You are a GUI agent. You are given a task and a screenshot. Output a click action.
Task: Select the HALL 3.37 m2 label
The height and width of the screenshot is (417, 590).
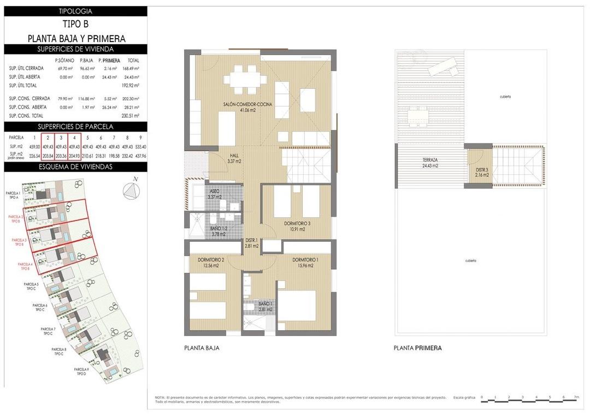[x=234, y=158]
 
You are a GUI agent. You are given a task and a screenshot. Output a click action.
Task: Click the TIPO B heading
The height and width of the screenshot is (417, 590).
[x=75, y=24]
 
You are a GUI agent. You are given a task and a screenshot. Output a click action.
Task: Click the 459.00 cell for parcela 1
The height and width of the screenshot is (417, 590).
[x=34, y=147]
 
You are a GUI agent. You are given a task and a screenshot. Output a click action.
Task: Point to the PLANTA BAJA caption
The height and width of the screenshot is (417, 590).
[x=202, y=348]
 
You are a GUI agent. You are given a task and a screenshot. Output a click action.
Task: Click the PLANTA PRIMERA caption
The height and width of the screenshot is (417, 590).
[x=417, y=348]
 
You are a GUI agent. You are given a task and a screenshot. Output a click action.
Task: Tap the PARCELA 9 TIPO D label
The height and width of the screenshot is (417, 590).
[x=81, y=372]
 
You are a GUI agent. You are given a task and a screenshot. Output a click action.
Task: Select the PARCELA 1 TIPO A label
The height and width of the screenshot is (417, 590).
[x=13, y=195]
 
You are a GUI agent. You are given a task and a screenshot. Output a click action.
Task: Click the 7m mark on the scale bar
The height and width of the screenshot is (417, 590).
[x=577, y=397]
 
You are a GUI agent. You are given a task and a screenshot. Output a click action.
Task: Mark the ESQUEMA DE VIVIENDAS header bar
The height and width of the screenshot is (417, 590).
[x=75, y=166]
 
